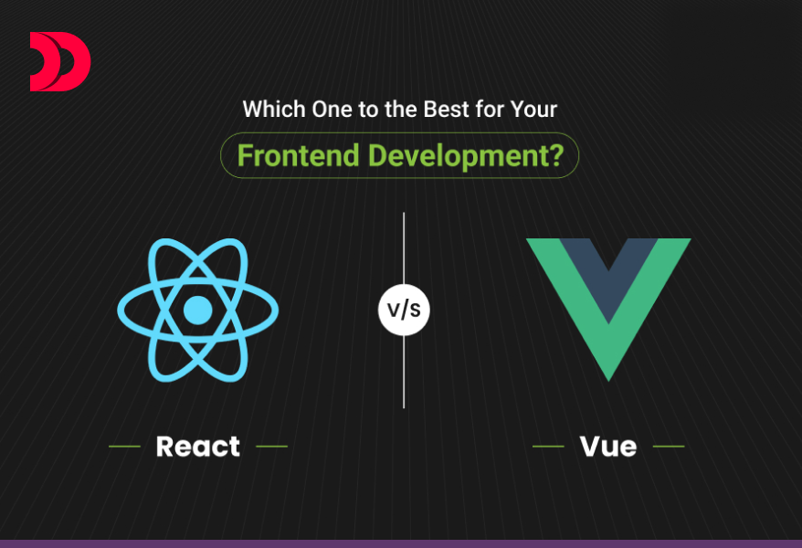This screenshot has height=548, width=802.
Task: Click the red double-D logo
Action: [x=59, y=62]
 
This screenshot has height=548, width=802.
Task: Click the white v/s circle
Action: [x=404, y=310]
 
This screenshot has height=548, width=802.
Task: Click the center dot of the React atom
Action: [x=197, y=311]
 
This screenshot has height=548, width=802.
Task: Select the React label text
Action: [x=198, y=447]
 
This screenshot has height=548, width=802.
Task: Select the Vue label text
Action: [x=607, y=447]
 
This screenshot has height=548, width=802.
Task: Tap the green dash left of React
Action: [x=124, y=447]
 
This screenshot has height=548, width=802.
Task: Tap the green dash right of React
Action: [x=272, y=447]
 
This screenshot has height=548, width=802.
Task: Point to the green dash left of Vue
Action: [x=548, y=447]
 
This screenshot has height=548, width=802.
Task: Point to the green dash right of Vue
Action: [x=669, y=447]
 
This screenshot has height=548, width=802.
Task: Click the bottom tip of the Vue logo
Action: [x=608, y=373]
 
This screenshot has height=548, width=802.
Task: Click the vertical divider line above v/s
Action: [x=404, y=247]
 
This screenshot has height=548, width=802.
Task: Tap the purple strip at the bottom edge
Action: [x=401, y=543]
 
